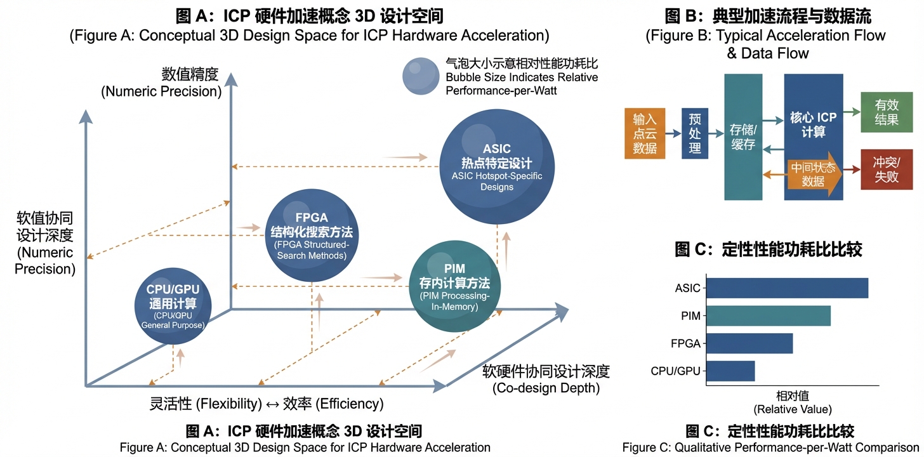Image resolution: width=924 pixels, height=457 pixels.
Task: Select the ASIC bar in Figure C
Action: point(787,288)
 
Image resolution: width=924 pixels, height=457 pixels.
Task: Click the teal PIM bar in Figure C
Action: point(768,315)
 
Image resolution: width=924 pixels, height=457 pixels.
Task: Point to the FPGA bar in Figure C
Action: point(749,343)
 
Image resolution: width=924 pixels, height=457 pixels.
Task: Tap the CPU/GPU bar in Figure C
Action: point(730,371)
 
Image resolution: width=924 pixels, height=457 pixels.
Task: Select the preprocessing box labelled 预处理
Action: point(695,133)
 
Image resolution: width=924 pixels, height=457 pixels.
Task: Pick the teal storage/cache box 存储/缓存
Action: point(743,137)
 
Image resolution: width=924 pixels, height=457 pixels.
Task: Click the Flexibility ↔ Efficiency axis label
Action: point(267,404)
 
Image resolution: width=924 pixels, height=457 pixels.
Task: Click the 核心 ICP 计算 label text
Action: point(813,124)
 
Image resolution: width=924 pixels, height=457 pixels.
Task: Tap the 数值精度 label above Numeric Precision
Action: point(190,74)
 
